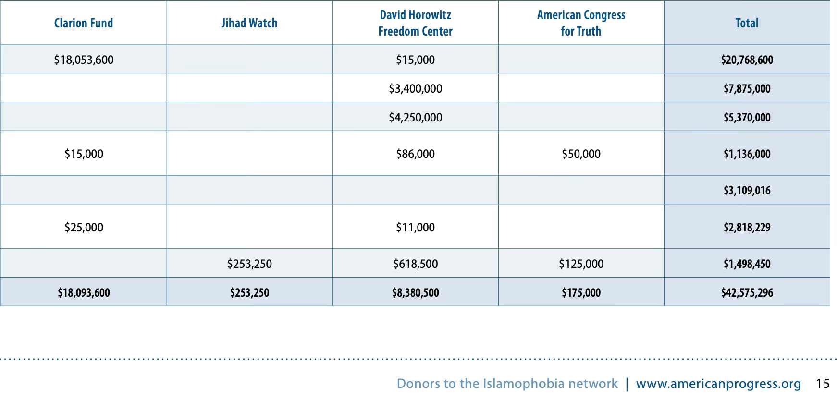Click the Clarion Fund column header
84,23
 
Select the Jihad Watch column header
249,23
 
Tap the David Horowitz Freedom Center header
415,23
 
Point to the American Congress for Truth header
581,23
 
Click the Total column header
747,23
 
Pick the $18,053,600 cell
84,60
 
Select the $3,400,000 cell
415,88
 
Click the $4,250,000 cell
415,117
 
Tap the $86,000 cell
415,154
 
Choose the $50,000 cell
581,154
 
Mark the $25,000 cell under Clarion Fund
84,227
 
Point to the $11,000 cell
415,227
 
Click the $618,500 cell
415,264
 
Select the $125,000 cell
581,264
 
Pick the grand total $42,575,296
747,292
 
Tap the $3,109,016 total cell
747,191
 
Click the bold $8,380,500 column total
415,292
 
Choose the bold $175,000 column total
581,292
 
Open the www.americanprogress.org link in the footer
718,384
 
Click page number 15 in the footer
823,384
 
